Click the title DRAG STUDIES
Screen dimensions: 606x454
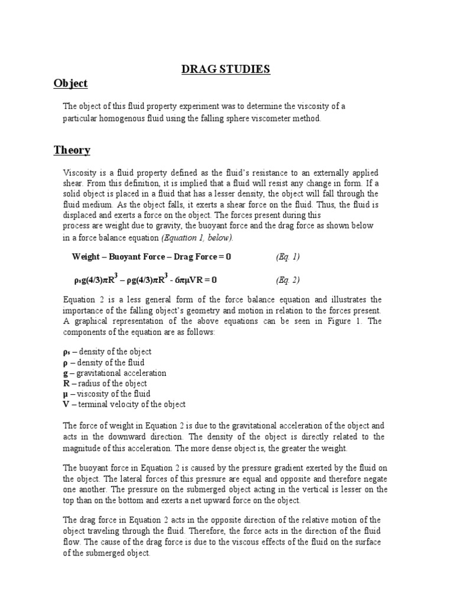(225, 70)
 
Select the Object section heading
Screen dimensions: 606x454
(70, 83)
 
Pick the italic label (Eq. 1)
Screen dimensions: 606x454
(288, 257)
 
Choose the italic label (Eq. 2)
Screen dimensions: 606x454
(288, 279)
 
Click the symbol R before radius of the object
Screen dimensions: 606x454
(66, 383)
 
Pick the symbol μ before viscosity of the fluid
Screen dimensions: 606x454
(66, 394)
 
